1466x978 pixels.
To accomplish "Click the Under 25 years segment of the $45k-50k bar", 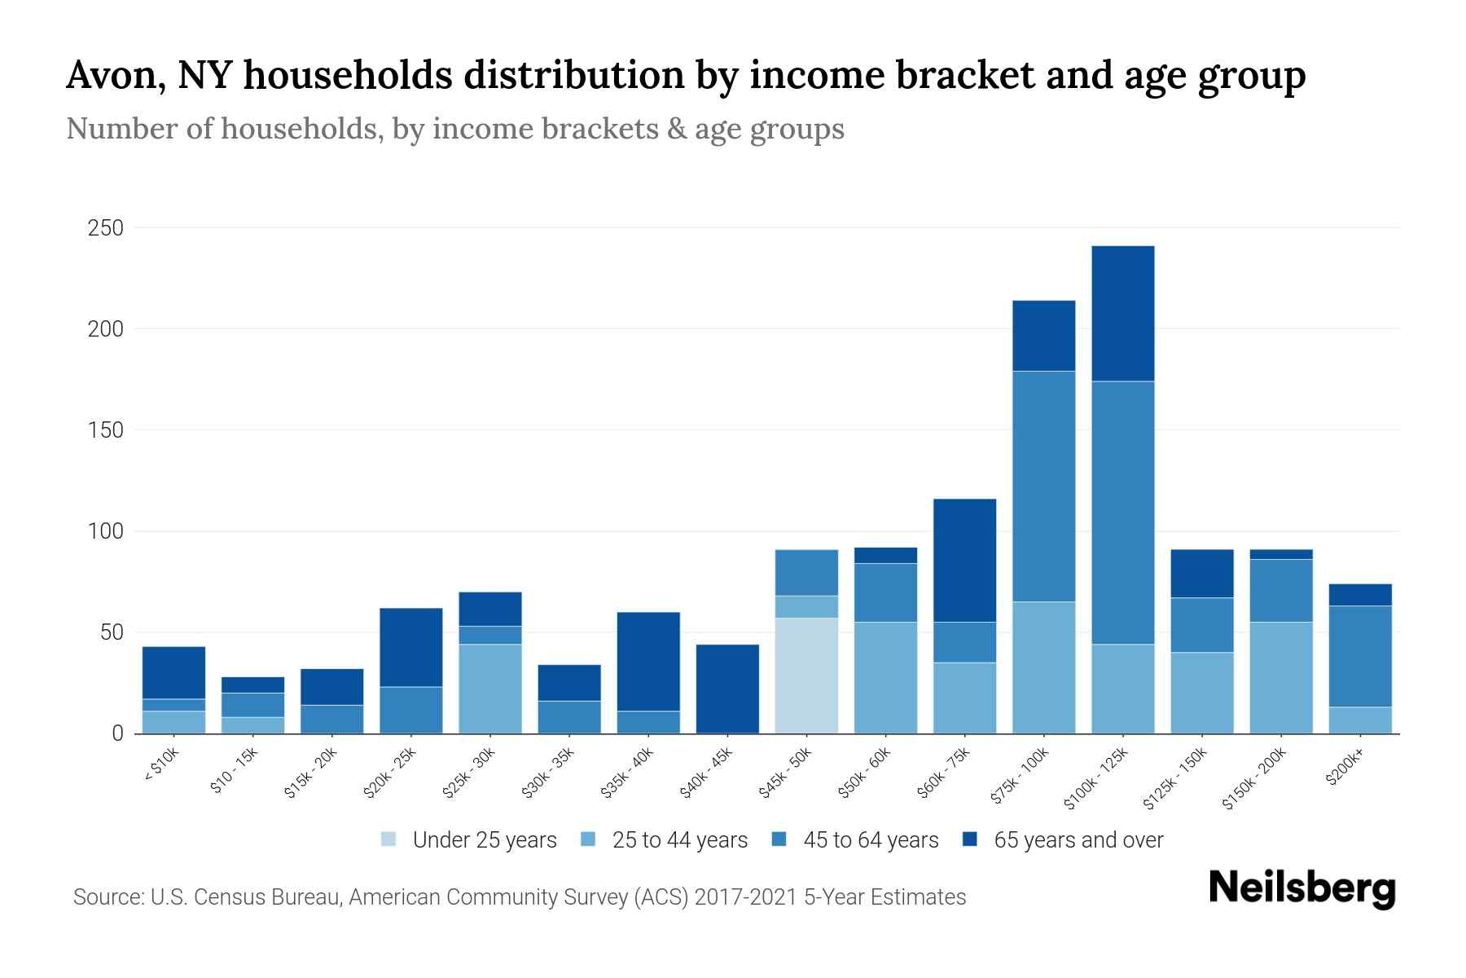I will coord(806,675).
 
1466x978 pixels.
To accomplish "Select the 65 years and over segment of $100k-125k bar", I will coord(1123,313).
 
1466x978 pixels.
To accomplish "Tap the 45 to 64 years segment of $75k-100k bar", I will coord(1043,486).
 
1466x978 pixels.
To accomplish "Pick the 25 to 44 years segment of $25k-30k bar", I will coord(489,689).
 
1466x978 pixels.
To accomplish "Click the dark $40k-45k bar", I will coord(727,689).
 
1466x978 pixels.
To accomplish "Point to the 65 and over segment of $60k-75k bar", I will coord(964,560).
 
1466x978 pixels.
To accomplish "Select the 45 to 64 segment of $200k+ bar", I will coord(1360,655).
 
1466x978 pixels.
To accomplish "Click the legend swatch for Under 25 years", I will coord(389,839).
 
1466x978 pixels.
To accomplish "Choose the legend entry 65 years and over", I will coord(1078,840).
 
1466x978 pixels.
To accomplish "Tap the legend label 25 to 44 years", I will coord(679,840).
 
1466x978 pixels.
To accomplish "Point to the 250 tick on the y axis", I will coord(106,228).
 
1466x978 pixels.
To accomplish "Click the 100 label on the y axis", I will coord(106,531).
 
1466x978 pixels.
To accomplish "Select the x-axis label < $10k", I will coord(161,764).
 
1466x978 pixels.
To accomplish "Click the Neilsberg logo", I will coord(1301,888).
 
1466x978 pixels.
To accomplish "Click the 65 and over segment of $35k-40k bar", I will coord(648,661).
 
